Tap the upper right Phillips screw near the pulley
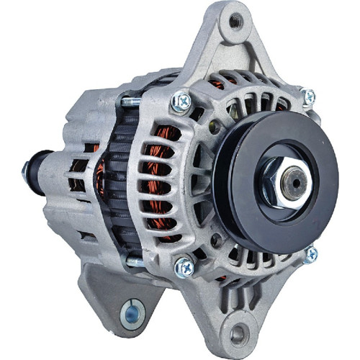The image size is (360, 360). point(307,96)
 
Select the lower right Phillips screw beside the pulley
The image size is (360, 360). point(310,253)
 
